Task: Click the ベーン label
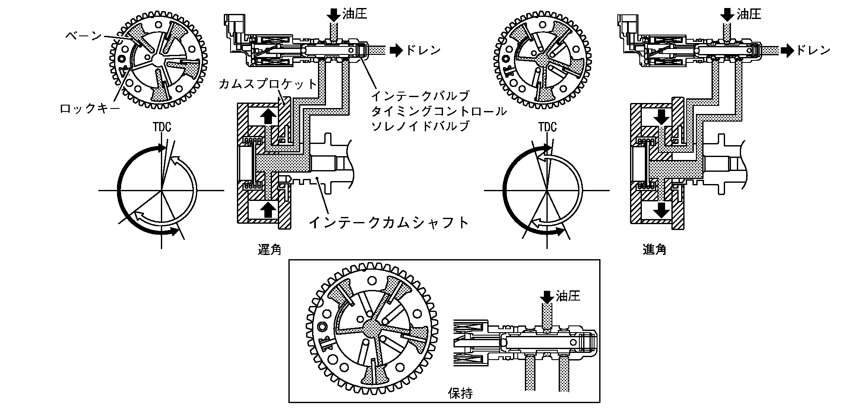[84, 35]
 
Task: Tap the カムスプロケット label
[268, 84]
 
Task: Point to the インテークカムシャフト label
[389, 222]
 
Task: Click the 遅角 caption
[269, 250]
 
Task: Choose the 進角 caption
[655, 250]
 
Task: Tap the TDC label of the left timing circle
[162, 127]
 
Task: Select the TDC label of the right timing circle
[547, 127]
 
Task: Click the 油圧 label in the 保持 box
[568, 296]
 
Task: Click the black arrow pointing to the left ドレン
[397, 50]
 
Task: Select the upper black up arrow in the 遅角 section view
[268, 117]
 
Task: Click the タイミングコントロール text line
[438, 111]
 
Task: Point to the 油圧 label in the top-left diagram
[355, 14]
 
